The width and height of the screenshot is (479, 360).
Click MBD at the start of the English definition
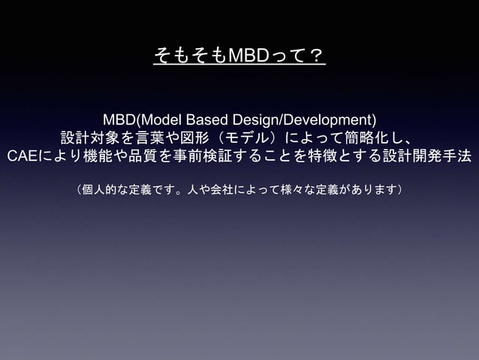click(118, 120)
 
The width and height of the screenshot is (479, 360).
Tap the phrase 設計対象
click(87, 139)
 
